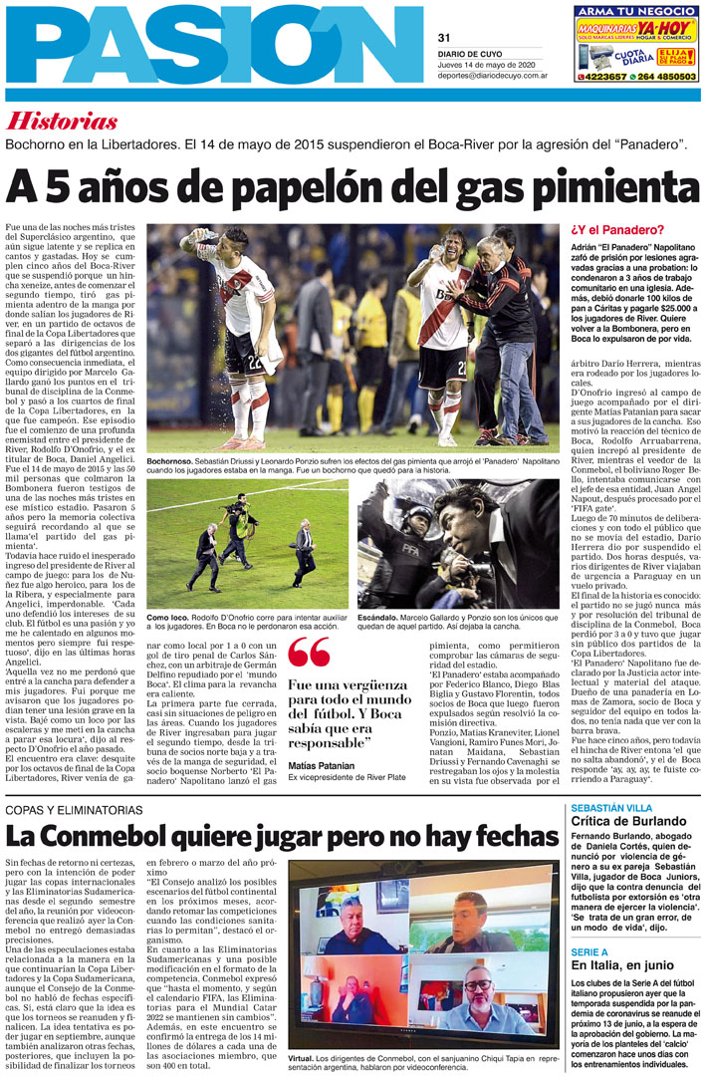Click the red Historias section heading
tap(62, 122)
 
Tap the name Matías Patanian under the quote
tap(320, 765)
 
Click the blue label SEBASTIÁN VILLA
tap(610, 808)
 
